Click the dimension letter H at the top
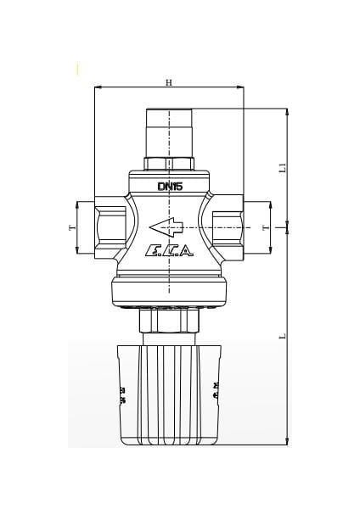168,82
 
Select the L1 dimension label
284,168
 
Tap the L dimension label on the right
284,335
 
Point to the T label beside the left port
71,227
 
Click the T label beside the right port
265,227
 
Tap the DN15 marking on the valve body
170,186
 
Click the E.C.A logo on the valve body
170,250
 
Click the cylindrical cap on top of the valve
170,131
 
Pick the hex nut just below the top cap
170,163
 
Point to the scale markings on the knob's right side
217,390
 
